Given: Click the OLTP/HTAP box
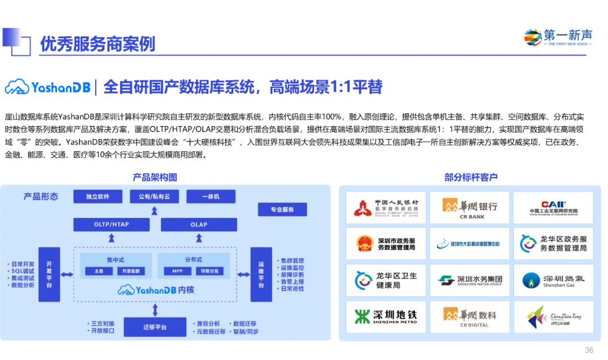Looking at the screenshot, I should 111,225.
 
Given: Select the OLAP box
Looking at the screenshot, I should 199,225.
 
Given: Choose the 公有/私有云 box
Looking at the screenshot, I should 154,197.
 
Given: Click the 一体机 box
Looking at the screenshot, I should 211,197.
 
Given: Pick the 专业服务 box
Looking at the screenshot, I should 282,210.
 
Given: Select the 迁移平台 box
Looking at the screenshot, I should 155,327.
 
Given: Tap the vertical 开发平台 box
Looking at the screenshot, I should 49,274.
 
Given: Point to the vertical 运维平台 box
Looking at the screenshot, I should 261,274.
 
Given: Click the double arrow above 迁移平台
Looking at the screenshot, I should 155,309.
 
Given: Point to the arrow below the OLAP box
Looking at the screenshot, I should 199,239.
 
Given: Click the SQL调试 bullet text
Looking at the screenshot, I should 23,271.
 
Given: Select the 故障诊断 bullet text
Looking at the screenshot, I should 293,274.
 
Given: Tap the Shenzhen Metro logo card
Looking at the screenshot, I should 386,317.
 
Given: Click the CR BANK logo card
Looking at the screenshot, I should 470,208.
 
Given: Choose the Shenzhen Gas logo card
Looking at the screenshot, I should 553,281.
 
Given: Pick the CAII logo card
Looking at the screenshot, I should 553,208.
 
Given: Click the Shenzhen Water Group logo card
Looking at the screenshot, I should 470,281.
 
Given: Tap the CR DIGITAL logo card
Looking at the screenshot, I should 470,317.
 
